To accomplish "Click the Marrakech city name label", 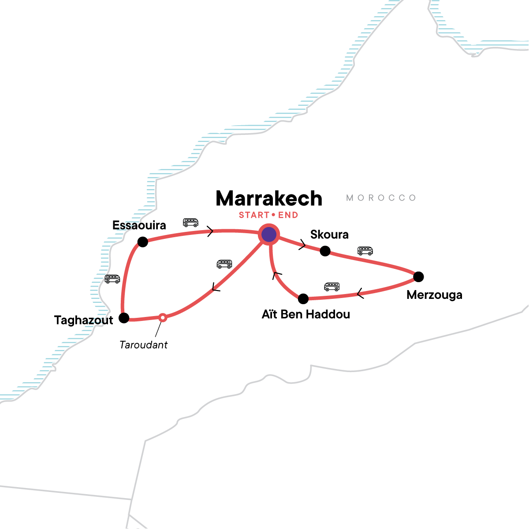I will coord(269,199).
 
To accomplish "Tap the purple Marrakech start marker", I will coord(269,235).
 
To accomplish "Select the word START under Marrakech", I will coord(254,215).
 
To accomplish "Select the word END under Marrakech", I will coord(288,215).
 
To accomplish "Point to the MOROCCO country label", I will coord(381,198).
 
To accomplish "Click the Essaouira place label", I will coord(139,225).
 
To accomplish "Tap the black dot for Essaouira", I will coord(142,242).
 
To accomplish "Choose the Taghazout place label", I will coord(84,320).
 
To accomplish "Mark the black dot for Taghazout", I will coord(124,317).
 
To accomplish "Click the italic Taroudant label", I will coord(144,345).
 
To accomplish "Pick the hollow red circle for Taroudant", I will coord(163,317).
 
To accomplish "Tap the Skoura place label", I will coord(329,235).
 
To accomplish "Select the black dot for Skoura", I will coord(325,251).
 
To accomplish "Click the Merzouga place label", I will coord(434,295).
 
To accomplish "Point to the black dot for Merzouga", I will coord(418,277).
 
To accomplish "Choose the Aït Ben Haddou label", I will coord(306,314).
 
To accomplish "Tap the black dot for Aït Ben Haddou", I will coord(303,299).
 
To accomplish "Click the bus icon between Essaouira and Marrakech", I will coord(190,223).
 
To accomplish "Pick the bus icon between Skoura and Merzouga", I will coord(365,251).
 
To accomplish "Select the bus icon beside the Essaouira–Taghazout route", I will coord(112,279).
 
